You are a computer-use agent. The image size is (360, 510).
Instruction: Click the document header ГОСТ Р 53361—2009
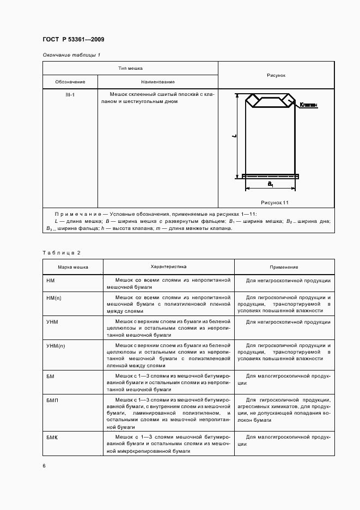click(x=73, y=39)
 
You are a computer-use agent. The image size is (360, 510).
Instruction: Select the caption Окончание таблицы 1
click(x=71, y=55)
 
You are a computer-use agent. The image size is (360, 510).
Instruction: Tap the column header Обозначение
click(x=70, y=82)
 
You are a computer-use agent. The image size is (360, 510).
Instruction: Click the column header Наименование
click(x=157, y=82)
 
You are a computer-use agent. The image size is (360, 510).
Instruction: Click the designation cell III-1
click(x=70, y=95)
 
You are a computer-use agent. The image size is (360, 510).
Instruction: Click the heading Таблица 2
click(x=61, y=252)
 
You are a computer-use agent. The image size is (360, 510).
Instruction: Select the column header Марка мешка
click(x=73, y=268)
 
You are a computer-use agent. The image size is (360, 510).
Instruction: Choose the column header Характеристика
click(x=168, y=267)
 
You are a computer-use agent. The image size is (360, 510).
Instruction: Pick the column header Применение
click(x=284, y=268)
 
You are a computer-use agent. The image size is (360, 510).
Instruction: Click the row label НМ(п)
click(x=54, y=299)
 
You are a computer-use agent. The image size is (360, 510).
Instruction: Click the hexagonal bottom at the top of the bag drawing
click(x=270, y=101)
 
